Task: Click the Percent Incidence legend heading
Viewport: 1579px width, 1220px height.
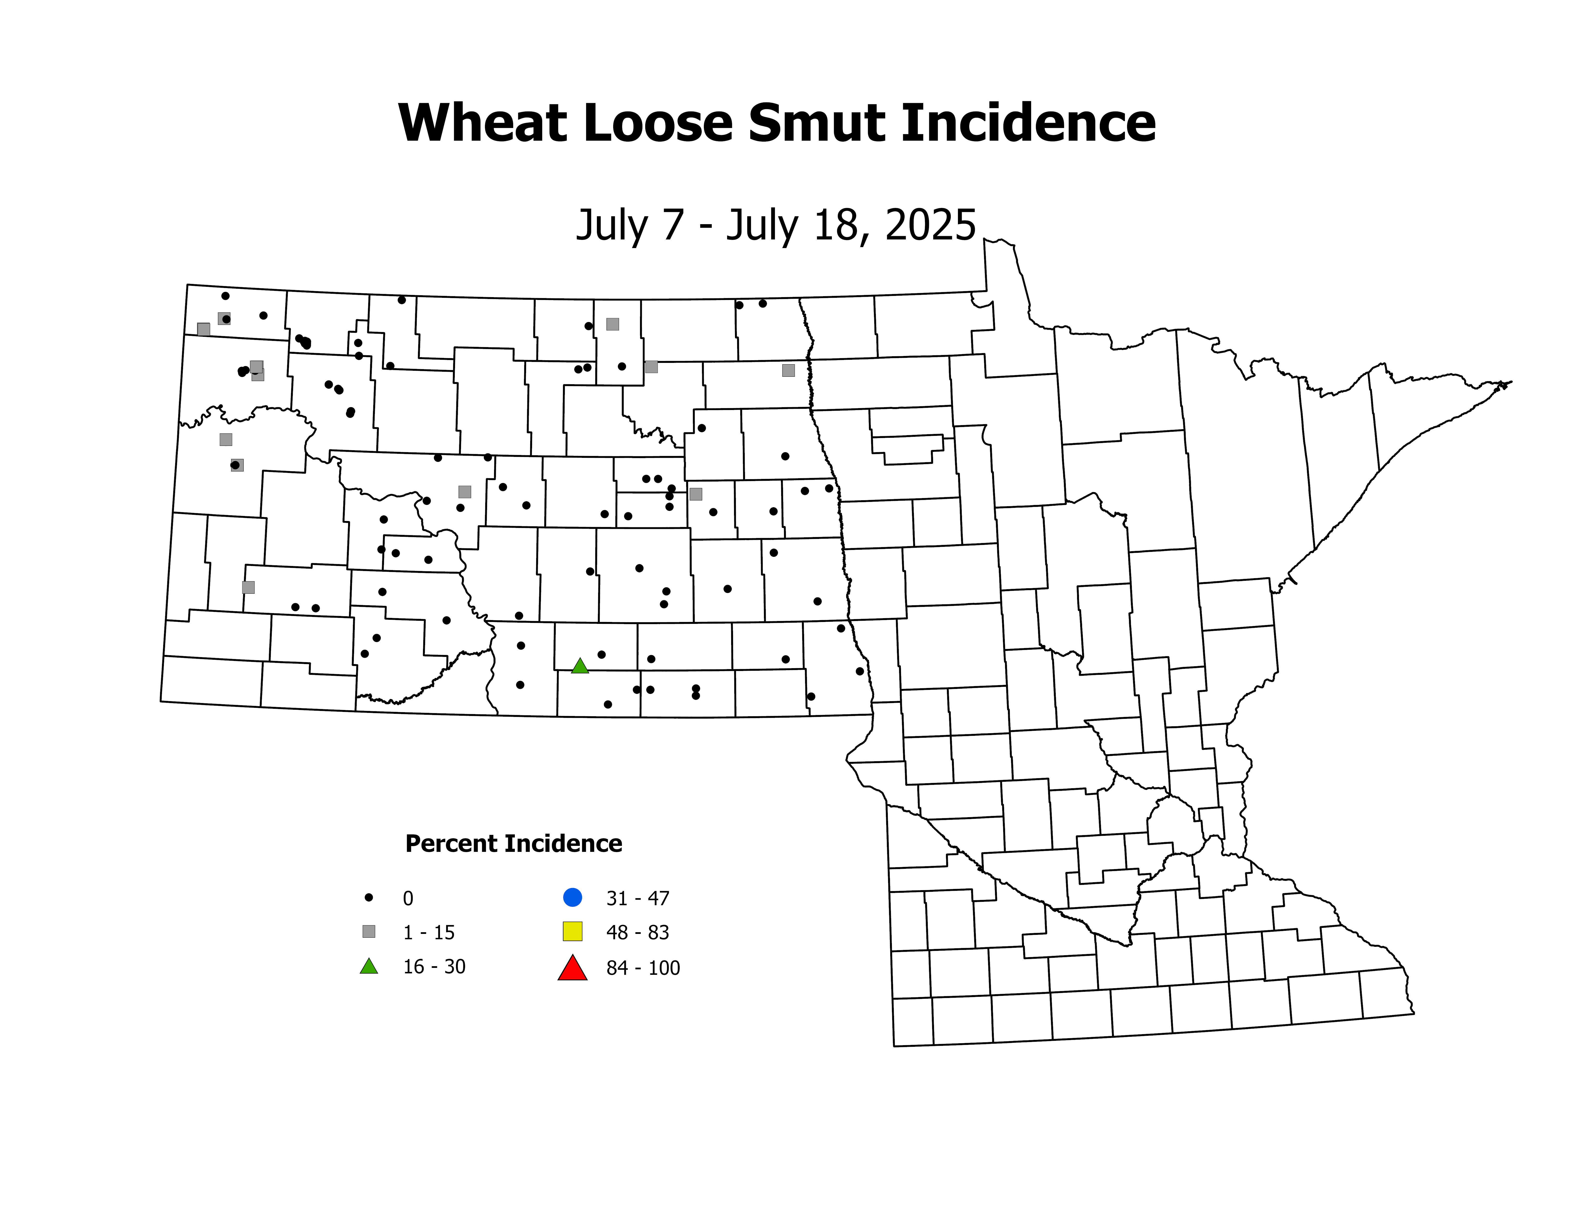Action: coord(513,843)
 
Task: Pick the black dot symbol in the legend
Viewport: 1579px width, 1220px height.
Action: coord(369,898)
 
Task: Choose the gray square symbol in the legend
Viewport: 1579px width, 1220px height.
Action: coord(369,932)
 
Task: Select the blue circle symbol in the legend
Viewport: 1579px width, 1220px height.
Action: coord(573,898)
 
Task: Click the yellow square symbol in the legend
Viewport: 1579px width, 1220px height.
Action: coord(573,932)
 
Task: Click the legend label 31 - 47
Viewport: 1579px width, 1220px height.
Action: coord(638,898)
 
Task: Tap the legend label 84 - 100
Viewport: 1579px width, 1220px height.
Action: coord(643,968)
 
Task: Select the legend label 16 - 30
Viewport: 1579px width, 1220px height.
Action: coord(434,967)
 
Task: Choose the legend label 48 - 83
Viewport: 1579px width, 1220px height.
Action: coord(638,932)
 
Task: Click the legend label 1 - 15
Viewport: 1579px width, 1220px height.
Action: coord(429,932)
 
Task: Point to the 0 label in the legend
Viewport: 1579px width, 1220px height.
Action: coord(408,898)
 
